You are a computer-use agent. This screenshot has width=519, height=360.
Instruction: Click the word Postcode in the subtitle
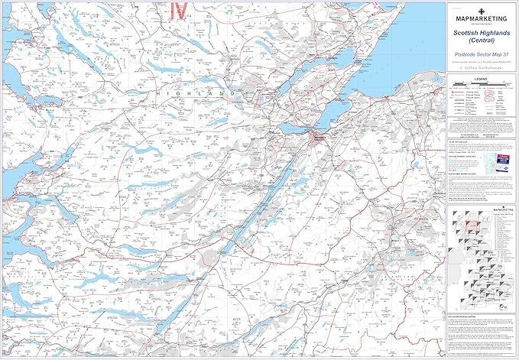466,56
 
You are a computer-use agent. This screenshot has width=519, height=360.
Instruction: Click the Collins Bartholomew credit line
482,66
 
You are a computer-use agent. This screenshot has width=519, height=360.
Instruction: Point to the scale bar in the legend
482,87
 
